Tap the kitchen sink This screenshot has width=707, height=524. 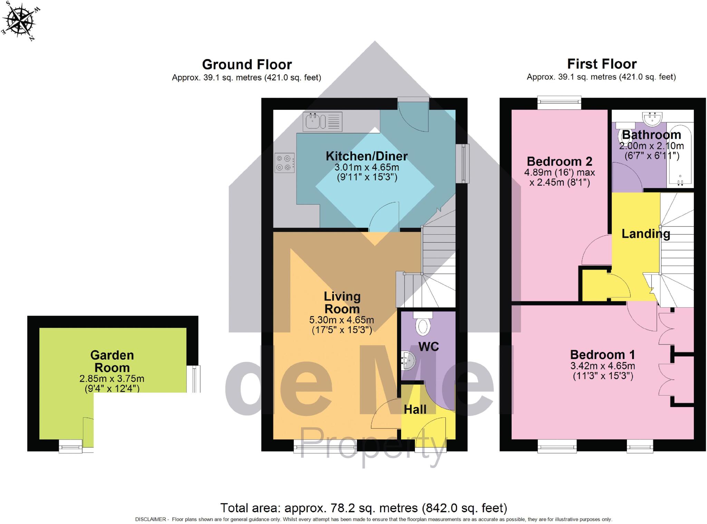322,122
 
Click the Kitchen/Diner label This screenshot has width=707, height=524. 367,156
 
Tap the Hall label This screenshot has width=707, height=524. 415,409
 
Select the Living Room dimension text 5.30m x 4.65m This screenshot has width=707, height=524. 341,320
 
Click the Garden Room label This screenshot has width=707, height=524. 112,361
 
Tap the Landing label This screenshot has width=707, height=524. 646,234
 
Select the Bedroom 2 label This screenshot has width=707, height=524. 559,161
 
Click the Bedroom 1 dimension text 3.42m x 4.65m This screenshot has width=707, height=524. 602,366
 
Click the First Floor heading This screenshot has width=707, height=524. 602,64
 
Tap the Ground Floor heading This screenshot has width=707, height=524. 247,65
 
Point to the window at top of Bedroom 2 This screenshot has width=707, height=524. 559,102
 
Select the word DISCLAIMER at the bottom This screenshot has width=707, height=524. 151,519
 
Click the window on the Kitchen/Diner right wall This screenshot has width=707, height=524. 463,163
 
